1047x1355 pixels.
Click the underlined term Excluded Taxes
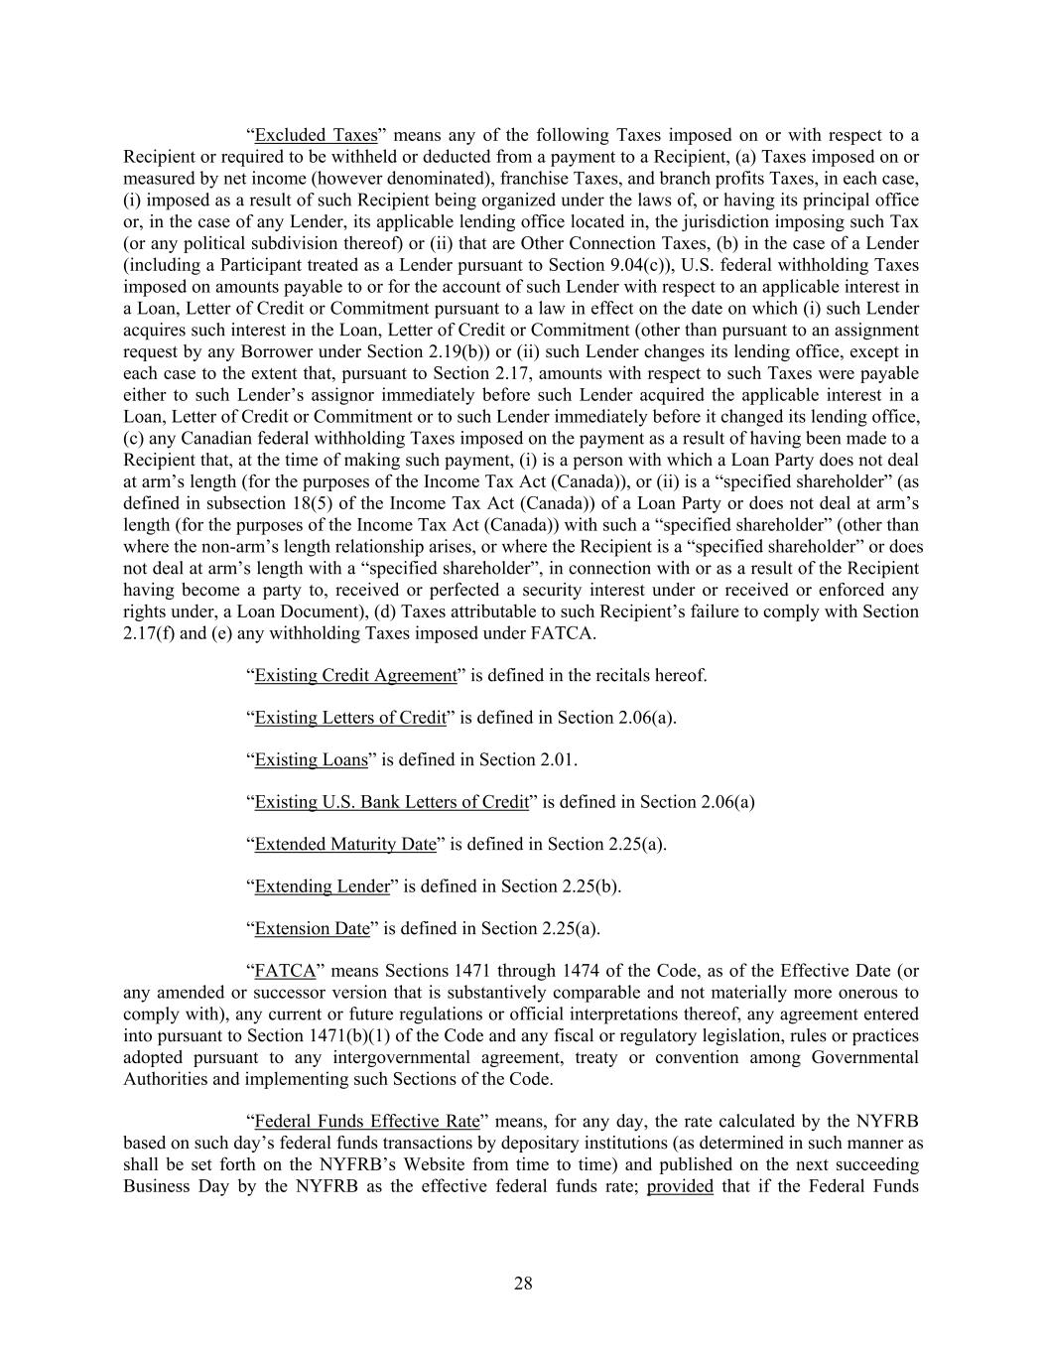click(x=316, y=135)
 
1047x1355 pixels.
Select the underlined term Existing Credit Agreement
click(x=355, y=675)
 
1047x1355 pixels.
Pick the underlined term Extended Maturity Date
click(x=345, y=844)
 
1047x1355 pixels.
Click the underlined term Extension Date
click(x=312, y=928)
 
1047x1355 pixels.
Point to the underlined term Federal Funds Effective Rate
click(x=367, y=1121)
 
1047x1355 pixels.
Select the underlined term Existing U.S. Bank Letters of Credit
click(x=391, y=801)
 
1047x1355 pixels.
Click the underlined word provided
click(x=680, y=1185)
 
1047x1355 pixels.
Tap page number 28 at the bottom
click(x=523, y=1284)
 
